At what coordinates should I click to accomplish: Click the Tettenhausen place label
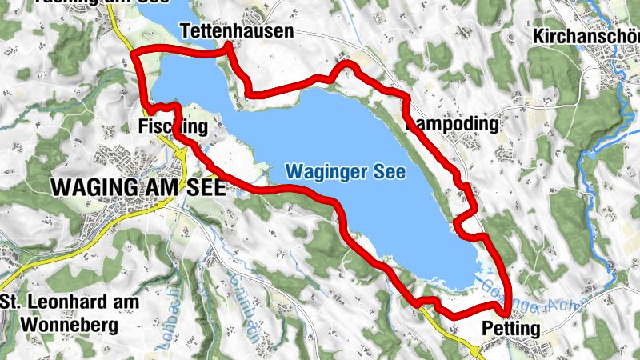coord(237,31)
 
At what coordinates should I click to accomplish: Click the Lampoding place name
coord(454,125)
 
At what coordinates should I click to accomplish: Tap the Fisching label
coord(173,127)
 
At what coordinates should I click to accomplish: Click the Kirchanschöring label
coord(587,36)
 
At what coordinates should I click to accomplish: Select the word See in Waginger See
coord(390,172)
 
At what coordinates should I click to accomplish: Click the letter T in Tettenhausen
coord(185,31)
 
